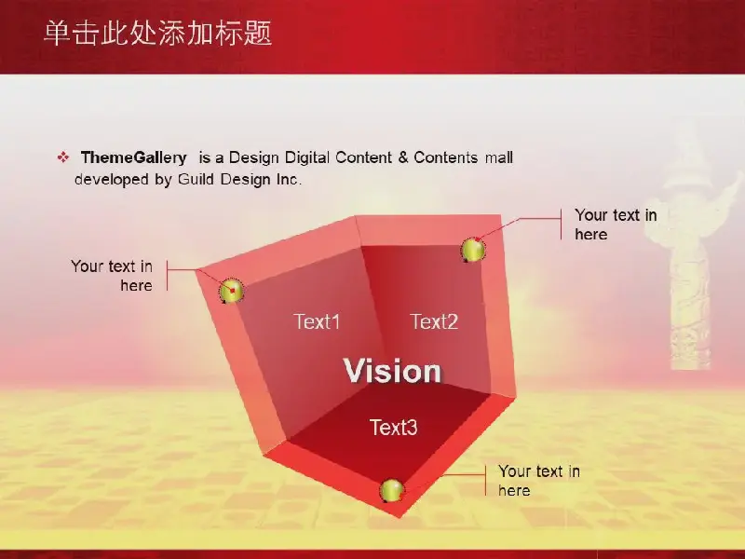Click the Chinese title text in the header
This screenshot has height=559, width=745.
coord(157,34)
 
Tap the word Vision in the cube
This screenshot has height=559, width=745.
coord(392,371)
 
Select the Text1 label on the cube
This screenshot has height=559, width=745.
coord(317,321)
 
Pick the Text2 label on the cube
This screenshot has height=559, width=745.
coord(434,321)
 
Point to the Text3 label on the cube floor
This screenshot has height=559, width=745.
coord(393,428)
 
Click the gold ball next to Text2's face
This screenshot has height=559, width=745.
coord(473,250)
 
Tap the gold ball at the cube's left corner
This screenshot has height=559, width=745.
coord(231,291)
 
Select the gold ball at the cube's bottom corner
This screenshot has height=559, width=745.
coord(392,491)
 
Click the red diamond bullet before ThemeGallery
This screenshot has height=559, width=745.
coord(62,157)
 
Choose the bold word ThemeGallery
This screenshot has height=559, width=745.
coord(133,157)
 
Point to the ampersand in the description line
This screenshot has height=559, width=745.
coord(403,157)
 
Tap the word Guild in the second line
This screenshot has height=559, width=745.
coord(196,179)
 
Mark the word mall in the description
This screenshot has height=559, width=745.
coord(499,157)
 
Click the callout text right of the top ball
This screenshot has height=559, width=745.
coord(616,225)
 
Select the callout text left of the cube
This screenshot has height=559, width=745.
coord(112,276)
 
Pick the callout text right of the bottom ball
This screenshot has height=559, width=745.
coord(539,481)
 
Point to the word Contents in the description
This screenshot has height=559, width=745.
coord(446,157)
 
